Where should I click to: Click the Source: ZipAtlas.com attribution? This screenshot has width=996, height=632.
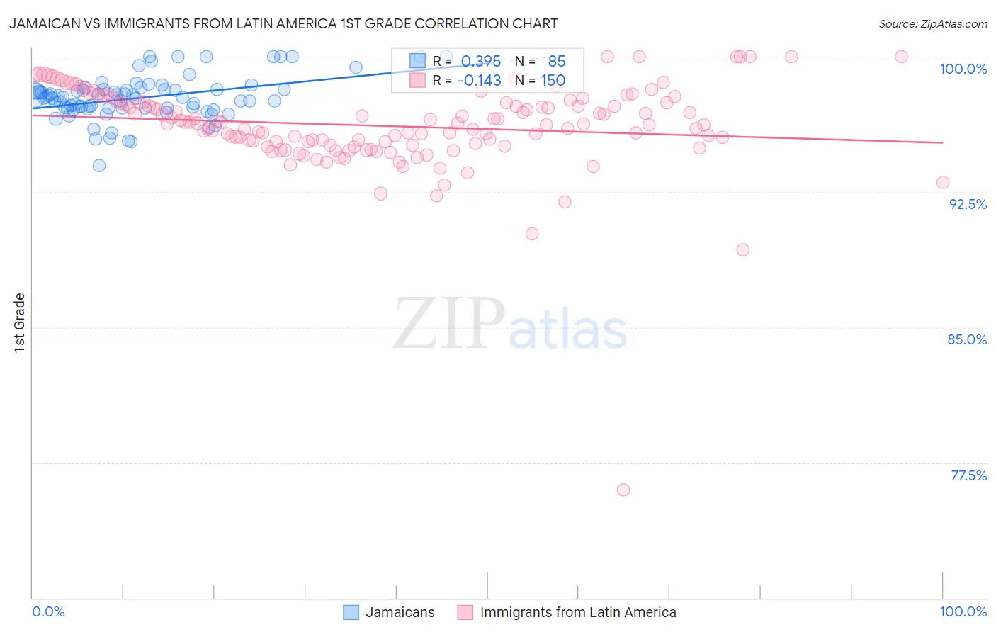point(932,23)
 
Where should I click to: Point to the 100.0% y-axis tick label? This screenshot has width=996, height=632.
point(963,69)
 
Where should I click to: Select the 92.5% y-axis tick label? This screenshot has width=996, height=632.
point(968,204)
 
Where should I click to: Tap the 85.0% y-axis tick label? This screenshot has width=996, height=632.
point(967,339)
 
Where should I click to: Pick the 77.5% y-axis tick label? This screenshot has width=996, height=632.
point(968,475)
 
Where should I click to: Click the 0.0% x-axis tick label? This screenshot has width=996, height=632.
point(49,611)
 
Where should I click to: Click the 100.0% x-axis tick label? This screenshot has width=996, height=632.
point(963,611)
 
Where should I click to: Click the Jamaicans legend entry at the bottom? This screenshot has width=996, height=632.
point(389,612)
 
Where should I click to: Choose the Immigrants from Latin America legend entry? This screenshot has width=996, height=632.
point(567,612)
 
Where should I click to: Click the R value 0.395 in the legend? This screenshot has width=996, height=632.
point(481,62)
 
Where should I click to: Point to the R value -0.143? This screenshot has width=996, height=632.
point(479,81)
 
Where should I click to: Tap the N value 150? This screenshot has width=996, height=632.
point(553,81)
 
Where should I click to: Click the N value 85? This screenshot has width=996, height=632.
point(557,62)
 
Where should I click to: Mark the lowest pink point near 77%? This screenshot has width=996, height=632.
point(623,490)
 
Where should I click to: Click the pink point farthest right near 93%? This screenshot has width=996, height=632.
point(943,182)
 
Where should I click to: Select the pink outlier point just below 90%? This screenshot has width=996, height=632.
point(742,249)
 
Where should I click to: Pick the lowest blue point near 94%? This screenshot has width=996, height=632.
point(99,165)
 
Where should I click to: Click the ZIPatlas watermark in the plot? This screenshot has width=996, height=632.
point(510,325)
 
